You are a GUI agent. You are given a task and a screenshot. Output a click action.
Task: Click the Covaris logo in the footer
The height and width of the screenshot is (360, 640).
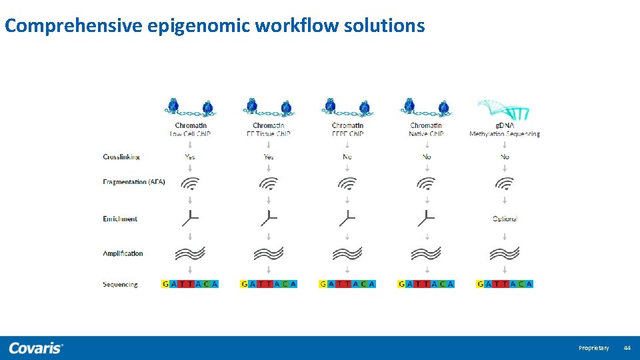[x=36, y=348]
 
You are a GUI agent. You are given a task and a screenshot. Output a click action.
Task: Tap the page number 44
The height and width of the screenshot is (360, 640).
[x=627, y=348]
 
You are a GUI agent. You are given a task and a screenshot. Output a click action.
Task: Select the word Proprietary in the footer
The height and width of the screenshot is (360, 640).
[x=593, y=348]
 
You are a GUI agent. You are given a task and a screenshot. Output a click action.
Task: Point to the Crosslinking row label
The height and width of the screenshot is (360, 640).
[x=121, y=157]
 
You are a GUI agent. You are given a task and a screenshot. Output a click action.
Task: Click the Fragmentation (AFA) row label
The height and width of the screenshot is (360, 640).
[x=134, y=182]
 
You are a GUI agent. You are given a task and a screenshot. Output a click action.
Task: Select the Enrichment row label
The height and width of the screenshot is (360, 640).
[x=120, y=219]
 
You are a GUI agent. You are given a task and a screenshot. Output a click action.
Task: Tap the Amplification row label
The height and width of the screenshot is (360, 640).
[x=123, y=253]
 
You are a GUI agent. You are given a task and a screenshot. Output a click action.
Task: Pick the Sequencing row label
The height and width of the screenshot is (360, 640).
[x=120, y=284]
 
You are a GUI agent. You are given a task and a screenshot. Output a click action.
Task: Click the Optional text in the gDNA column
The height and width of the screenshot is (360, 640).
[x=505, y=219]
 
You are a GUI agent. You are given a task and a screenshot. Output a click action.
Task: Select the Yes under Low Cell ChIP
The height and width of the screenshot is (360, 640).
[x=190, y=157]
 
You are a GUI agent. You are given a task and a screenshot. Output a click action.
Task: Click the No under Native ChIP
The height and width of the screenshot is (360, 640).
[x=427, y=157]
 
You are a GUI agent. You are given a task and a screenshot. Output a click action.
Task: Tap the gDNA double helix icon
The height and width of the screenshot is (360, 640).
[x=503, y=109]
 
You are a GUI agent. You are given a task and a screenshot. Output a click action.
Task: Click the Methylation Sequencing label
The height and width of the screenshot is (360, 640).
[x=505, y=134]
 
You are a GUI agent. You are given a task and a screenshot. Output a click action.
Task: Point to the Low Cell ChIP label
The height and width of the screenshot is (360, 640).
[x=191, y=134]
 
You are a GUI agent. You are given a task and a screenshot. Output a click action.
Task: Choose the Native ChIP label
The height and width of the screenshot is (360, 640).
[x=426, y=134]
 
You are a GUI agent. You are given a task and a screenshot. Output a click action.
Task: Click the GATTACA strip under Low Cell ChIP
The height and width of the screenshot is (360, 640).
[x=190, y=284]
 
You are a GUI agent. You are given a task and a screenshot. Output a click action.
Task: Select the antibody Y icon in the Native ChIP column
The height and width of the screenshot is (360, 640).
[x=426, y=217]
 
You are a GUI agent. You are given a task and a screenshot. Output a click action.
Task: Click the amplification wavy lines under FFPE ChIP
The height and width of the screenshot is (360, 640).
[x=347, y=253]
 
